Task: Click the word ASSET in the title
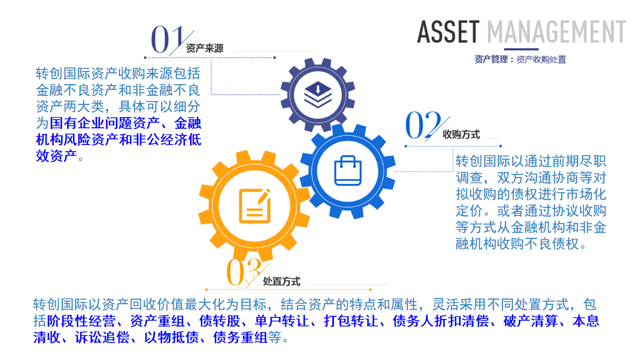click(x=448, y=32)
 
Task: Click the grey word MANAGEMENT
click(x=556, y=32)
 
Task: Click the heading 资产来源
click(x=205, y=48)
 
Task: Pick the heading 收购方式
click(x=461, y=134)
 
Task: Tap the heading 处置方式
click(x=282, y=281)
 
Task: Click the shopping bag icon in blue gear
click(x=348, y=170)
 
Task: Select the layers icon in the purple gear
click(x=318, y=95)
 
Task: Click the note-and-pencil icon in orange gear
click(x=255, y=205)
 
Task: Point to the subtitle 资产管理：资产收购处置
click(x=520, y=59)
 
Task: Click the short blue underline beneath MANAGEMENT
click(x=521, y=49)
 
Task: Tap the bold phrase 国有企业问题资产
click(x=104, y=123)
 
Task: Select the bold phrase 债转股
click(x=219, y=320)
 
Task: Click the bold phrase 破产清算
click(x=530, y=320)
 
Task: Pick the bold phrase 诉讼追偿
click(x=102, y=337)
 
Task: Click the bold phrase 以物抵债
click(x=171, y=337)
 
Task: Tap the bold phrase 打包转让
click(x=351, y=320)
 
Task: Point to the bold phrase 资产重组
click(x=158, y=320)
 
